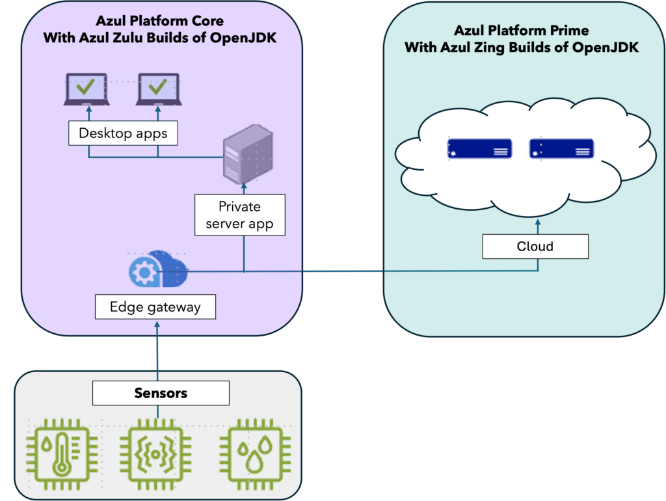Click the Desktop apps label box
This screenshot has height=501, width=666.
pos(123,134)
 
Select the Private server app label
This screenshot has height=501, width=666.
pos(239,215)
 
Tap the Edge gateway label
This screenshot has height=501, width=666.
pos(155,307)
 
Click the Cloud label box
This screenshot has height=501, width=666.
pos(535,247)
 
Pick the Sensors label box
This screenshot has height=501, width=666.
pos(161,393)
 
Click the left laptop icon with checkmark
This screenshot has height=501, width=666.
pos(87,89)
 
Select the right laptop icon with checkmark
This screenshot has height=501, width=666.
pos(158,89)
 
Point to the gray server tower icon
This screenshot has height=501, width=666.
pos(244,154)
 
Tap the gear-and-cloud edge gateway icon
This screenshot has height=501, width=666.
pos(158,267)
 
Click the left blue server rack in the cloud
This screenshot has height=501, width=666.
pos(479,149)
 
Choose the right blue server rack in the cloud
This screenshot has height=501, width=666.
pos(561,149)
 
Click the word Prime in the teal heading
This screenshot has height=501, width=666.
pos(555,31)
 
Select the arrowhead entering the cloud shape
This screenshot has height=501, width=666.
pos(537,223)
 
